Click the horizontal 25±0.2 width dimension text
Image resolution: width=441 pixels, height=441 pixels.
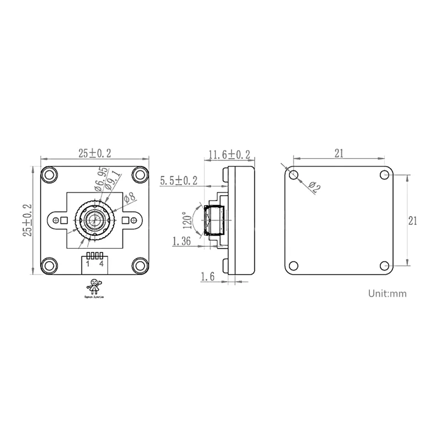(94, 154)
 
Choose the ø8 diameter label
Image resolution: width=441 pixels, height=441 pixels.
(130, 197)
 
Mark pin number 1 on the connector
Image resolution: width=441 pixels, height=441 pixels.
(88, 264)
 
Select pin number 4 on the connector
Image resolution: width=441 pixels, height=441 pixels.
(101, 264)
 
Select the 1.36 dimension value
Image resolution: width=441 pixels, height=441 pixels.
(181, 241)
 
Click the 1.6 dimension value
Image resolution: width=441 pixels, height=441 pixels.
(207, 277)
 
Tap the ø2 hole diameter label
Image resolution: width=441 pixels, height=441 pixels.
(315, 188)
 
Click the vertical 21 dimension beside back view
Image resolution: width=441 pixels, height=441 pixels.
(412, 220)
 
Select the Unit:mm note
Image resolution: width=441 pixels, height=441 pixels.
(387, 293)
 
